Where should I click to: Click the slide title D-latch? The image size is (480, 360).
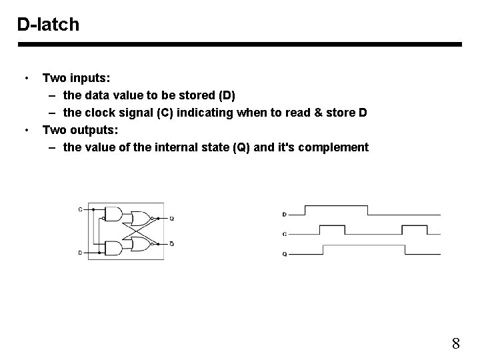48,25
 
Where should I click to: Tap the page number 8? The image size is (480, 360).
456,344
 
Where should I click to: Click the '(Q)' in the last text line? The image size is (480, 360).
241,147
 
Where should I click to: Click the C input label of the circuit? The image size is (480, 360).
81,209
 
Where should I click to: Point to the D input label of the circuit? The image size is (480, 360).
81,253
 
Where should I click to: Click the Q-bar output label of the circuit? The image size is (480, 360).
171,244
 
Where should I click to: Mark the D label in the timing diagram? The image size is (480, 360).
285,215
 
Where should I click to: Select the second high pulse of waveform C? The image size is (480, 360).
411,229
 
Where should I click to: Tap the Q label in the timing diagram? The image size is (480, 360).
285,254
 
